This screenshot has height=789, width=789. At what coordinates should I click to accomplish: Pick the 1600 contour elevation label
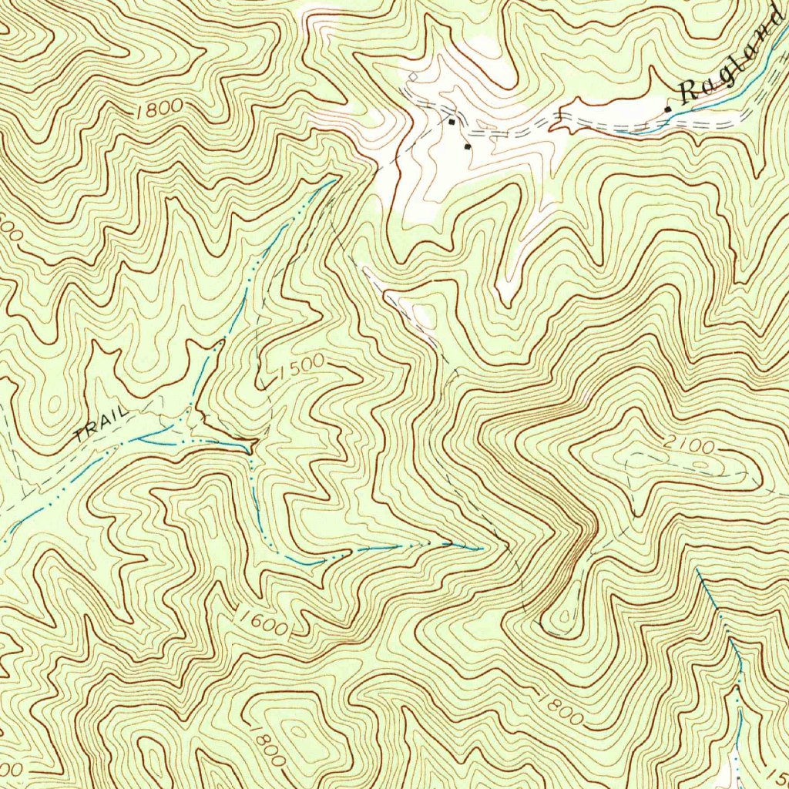(x=262, y=623)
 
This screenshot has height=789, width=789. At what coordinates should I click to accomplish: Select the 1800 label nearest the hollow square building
(x=158, y=109)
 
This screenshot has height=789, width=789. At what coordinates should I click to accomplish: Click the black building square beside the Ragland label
(x=667, y=110)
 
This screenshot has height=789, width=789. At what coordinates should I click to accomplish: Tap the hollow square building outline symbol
(x=413, y=76)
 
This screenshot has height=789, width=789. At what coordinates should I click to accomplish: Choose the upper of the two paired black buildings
(x=452, y=121)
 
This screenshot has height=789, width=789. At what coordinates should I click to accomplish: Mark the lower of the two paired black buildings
(x=467, y=145)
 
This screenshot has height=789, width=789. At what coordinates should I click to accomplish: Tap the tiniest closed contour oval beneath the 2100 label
(x=697, y=465)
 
